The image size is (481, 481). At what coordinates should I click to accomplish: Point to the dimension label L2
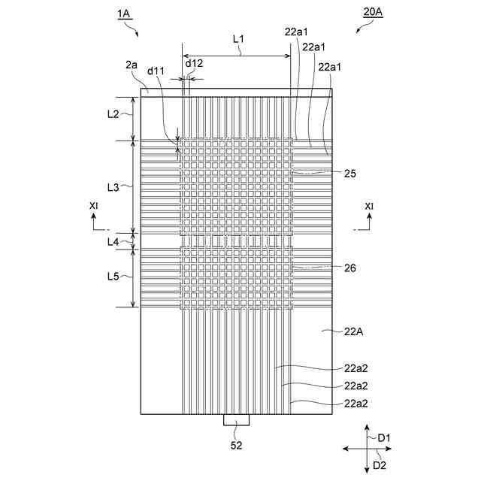click(113, 114)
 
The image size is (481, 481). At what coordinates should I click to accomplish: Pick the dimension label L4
click(113, 241)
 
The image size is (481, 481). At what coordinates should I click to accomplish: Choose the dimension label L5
click(113, 276)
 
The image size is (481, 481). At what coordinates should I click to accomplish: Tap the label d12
click(194, 63)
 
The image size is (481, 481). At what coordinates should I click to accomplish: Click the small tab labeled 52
click(235, 419)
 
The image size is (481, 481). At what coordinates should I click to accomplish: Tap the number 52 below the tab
click(235, 445)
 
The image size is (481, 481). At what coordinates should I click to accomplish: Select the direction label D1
click(386, 437)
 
